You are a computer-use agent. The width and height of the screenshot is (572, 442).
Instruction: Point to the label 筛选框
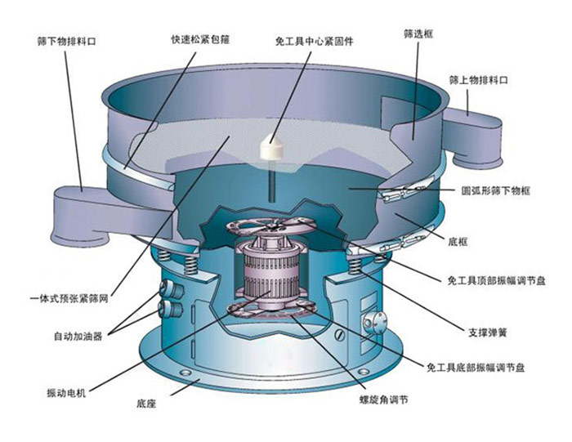point(418,35)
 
